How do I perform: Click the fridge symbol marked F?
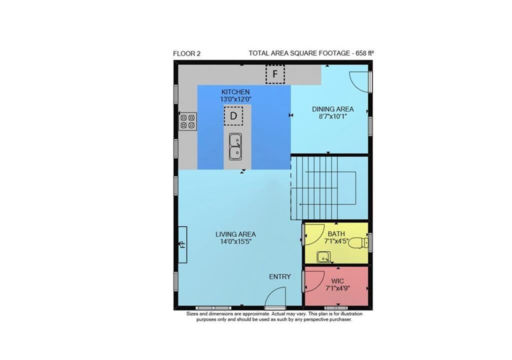pos(275,74)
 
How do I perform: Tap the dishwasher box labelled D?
pos(233,115)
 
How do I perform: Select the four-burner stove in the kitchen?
pos(188,121)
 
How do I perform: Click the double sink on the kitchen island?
pos(235,146)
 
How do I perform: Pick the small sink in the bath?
pos(323,257)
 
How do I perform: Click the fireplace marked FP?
pos(182,244)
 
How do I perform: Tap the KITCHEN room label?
pos(235,92)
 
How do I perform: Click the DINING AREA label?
pos(332,109)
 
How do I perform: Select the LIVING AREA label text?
pos(235,234)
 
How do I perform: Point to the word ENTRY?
pos(280,276)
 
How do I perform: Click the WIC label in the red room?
pos(337,281)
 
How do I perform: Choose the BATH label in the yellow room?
pos(336,234)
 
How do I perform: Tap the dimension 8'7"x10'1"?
pos(332,116)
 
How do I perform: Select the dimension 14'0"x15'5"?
pos(235,241)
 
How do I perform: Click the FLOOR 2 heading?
pos(187,53)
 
